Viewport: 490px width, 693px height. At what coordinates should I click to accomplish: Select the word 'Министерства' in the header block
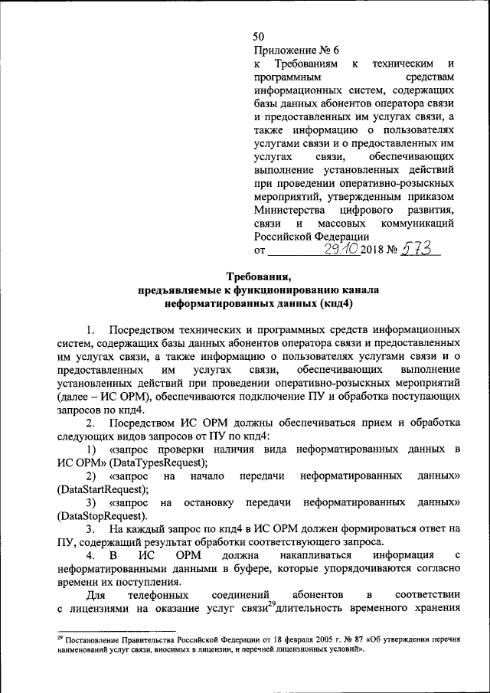pos(285,209)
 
